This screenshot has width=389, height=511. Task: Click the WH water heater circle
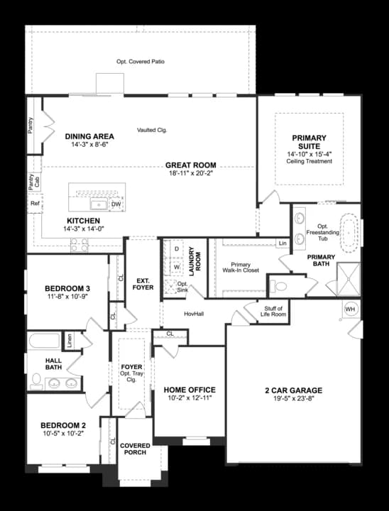[350, 309]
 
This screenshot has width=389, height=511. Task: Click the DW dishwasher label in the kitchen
[116, 205]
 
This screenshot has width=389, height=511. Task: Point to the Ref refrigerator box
[35, 204]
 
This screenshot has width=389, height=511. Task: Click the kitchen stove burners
[80, 245]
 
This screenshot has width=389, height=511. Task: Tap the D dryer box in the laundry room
[176, 250]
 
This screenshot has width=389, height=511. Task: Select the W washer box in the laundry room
[176, 268]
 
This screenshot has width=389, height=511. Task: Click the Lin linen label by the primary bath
[283, 243]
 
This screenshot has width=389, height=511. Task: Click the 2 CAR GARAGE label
[292, 390]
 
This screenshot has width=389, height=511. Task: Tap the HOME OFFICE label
[190, 390]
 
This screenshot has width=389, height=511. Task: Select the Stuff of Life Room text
[274, 311]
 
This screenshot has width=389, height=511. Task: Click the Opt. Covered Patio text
[141, 62]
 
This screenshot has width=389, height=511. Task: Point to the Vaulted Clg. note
[152, 130]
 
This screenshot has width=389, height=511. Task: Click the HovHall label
[194, 313]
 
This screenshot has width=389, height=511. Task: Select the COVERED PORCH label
[135, 450]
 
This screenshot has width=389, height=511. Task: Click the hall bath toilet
[35, 380]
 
